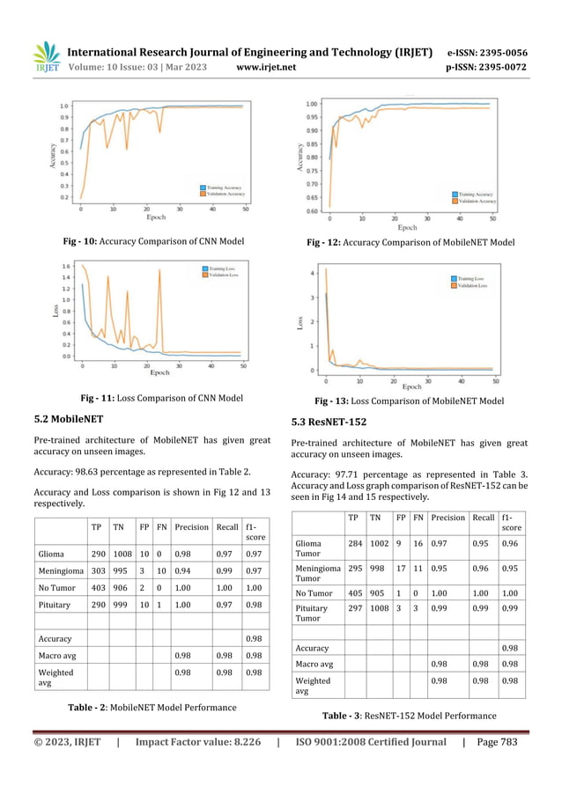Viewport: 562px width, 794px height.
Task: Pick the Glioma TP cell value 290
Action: [100, 554]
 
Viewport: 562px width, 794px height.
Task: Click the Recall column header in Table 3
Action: [483, 518]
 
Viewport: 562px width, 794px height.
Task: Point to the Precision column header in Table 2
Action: [191, 528]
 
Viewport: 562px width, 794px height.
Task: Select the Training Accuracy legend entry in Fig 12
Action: [474, 194]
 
